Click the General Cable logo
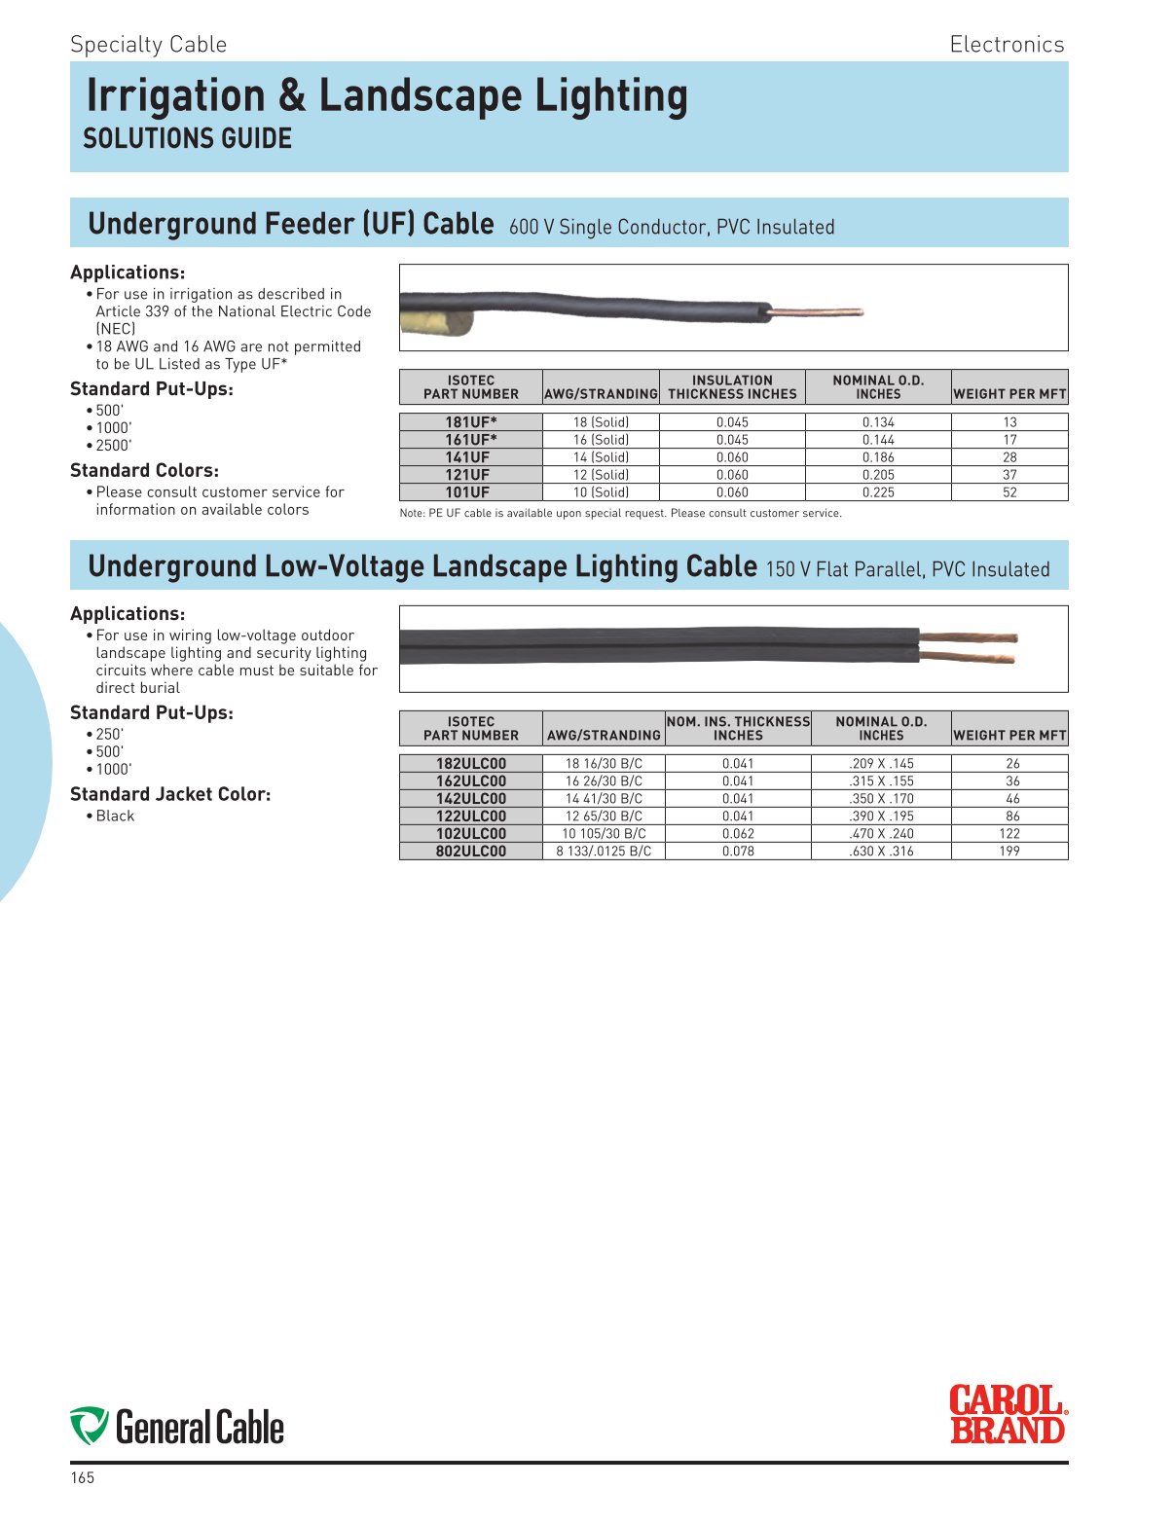pyautogui.click(x=177, y=1427)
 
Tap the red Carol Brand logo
pyautogui.click(x=1008, y=1415)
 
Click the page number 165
pyautogui.click(x=83, y=1478)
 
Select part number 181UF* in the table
pyautogui.click(x=471, y=422)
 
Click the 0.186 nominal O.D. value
pyautogui.click(x=878, y=457)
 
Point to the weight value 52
pyautogui.click(x=1009, y=492)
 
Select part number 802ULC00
pyautogui.click(x=471, y=852)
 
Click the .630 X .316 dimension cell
pyautogui.click(x=881, y=852)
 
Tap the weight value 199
pyautogui.click(x=1009, y=852)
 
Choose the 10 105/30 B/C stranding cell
pyautogui.click(x=604, y=834)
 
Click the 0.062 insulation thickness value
pyautogui.click(x=738, y=834)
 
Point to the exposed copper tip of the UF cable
pyautogui.click(x=819, y=312)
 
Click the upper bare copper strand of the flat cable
pyautogui.click(x=969, y=638)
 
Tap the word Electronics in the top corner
pyautogui.click(x=1007, y=45)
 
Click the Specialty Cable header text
pyautogui.click(x=148, y=45)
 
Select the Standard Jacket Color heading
pyautogui.click(x=170, y=794)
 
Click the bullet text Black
pyautogui.click(x=115, y=816)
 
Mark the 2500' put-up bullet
pyautogui.click(x=113, y=446)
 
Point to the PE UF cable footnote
pyautogui.click(x=620, y=513)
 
